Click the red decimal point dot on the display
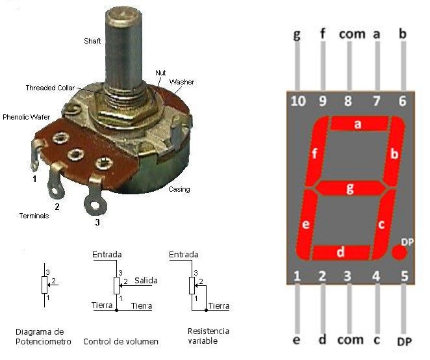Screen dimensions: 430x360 (x=399, y=252)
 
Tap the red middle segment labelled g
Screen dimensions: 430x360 (x=350, y=188)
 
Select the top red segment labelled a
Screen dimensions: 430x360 (x=359, y=123)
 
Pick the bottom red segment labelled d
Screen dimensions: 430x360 (x=341, y=252)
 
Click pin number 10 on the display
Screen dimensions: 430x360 (x=298, y=101)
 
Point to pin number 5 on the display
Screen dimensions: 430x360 (x=405, y=276)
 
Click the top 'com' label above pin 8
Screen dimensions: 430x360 (x=352, y=34)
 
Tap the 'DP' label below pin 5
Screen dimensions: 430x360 (x=404, y=341)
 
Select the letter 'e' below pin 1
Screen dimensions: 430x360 (x=296, y=340)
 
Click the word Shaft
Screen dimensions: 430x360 (x=92, y=41)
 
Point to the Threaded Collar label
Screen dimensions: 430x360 (x=50, y=88)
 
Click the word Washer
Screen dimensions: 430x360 (x=181, y=82)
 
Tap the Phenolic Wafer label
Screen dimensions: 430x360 (x=27, y=117)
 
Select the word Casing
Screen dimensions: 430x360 (x=179, y=189)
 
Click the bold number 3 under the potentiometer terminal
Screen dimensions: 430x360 (x=97, y=222)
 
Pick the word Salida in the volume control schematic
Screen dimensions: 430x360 (x=146, y=281)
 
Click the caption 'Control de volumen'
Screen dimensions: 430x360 (x=121, y=342)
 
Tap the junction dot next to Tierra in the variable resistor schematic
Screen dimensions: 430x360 (x=206, y=311)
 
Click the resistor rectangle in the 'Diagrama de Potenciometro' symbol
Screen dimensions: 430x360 (x=44, y=285)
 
